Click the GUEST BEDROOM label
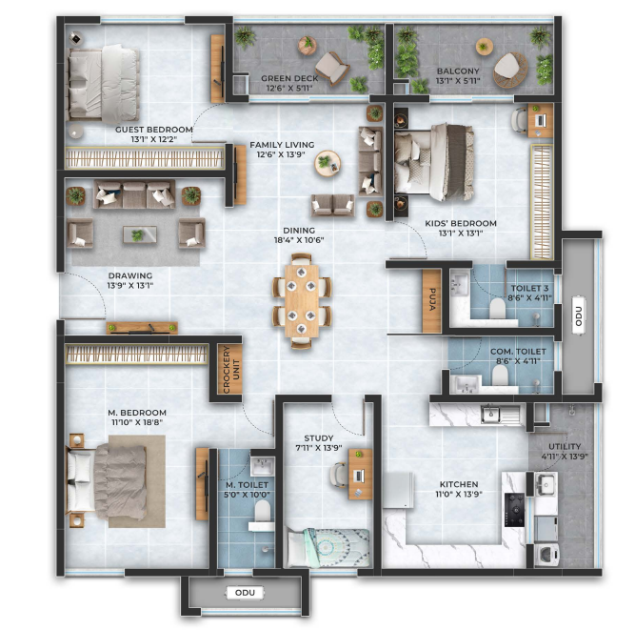(154, 130)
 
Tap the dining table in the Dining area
(301, 301)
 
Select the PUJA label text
(432, 299)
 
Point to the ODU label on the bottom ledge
(245, 593)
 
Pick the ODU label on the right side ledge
(578, 315)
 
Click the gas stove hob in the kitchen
(514, 510)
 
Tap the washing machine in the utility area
(546, 555)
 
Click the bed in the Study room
(328, 547)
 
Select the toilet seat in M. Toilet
(262, 511)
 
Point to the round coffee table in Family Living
(327, 163)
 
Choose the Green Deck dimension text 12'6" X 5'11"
(289, 88)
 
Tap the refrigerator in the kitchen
(398, 490)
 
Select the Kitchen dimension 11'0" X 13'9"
(459, 494)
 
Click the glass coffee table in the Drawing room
(140, 234)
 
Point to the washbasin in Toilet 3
(459, 282)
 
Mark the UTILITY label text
(565, 446)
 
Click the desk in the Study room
(360, 474)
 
